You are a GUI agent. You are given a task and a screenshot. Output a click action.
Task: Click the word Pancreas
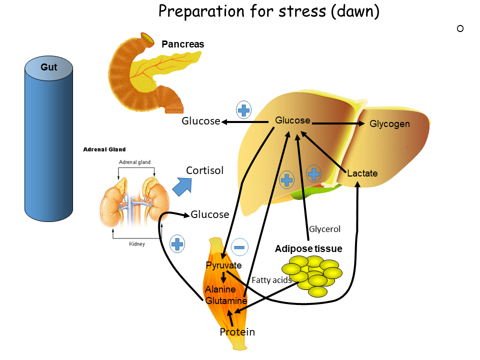pos(182,44)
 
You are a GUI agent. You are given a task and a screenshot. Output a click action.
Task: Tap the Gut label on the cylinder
pos(49,66)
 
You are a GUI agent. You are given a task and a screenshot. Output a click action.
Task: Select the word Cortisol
pos(204,170)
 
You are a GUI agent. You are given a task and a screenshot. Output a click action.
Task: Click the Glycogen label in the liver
pos(389,124)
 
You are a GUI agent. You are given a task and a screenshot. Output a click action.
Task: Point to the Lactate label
pos(362,173)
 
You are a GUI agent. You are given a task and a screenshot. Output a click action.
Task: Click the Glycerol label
pos(324,229)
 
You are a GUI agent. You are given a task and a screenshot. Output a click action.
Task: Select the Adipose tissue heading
pos(308,248)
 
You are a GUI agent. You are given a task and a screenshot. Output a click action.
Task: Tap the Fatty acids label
pos(271,280)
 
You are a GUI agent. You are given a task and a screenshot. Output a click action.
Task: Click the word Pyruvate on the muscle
pos(223,265)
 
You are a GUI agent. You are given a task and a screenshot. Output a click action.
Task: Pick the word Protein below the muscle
pos(237,332)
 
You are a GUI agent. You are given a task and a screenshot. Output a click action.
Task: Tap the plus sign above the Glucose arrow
pos(243,110)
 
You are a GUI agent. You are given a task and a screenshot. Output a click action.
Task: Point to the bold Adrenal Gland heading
pos(104,149)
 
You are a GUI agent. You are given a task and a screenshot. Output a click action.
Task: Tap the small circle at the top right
pos(460,28)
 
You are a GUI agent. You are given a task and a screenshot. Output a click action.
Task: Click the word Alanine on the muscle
pos(220,289)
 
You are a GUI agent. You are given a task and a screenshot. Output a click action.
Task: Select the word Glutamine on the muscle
pos(226,301)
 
